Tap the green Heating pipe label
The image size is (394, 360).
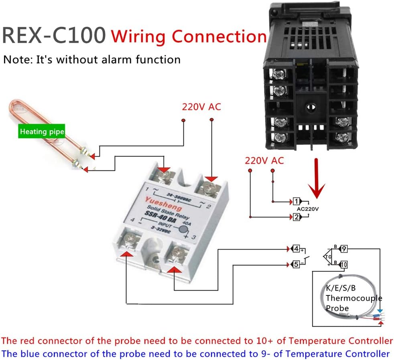[x=42, y=131]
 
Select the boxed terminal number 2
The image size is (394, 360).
[x=297, y=217]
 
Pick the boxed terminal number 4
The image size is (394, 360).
[x=296, y=249]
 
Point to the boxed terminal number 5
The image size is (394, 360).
[x=296, y=264]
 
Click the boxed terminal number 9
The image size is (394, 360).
[x=344, y=249]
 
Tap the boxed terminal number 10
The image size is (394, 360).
[x=344, y=264]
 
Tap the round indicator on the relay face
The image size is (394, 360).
[x=184, y=230]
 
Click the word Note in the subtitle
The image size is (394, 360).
[x=16, y=60]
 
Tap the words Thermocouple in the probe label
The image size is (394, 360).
[x=353, y=298]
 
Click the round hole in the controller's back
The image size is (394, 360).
[x=310, y=108]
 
